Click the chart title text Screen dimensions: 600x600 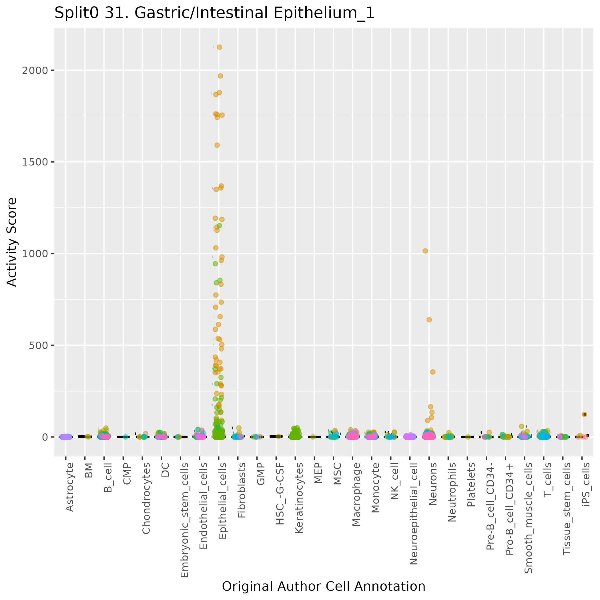[x=214, y=13]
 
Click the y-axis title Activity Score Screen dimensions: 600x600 [x=12, y=242]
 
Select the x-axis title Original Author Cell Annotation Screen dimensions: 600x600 [x=324, y=586]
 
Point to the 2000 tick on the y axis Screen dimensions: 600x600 [x=35, y=71]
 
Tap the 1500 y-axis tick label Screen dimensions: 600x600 [x=35, y=162]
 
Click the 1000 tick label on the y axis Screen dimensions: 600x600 [x=35, y=254]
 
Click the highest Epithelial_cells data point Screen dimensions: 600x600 [x=219, y=47]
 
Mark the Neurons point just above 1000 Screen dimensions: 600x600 [x=425, y=251]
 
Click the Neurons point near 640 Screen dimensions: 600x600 [x=429, y=320]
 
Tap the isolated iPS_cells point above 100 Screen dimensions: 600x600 [x=584, y=414]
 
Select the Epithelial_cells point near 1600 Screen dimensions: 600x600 [x=217, y=145]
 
